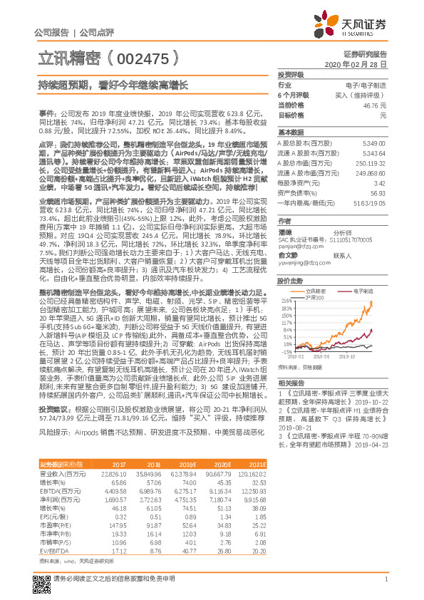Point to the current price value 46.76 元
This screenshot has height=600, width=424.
pos(375,105)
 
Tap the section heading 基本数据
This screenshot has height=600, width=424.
pos(291,133)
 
